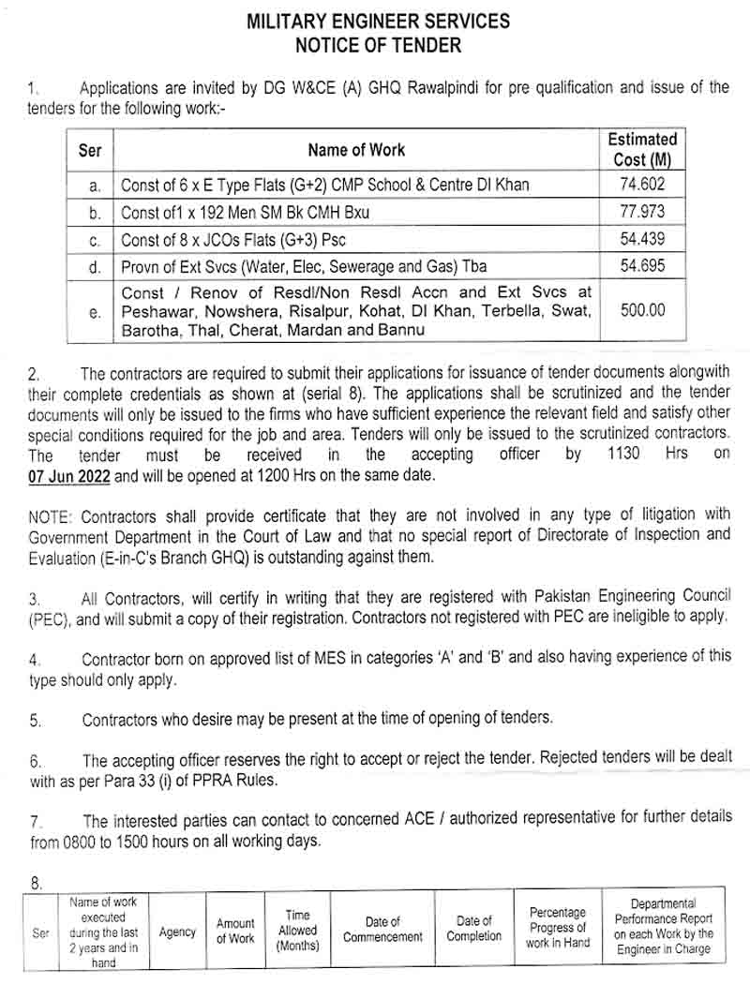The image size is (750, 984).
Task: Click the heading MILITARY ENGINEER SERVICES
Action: point(379,20)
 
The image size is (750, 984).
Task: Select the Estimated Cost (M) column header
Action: point(642,149)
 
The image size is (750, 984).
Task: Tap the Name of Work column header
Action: point(356,150)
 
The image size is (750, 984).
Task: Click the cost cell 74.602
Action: point(642,185)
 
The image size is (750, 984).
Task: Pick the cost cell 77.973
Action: point(642,212)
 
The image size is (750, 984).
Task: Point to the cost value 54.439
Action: point(642,239)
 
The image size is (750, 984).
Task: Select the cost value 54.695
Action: point(642,266)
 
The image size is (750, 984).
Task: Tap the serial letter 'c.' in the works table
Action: point(95,240)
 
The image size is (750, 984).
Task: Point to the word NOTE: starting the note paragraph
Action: point(52,516)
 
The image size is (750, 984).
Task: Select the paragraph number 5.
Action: point(35,720)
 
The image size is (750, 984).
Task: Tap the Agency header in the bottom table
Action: point(177,932)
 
